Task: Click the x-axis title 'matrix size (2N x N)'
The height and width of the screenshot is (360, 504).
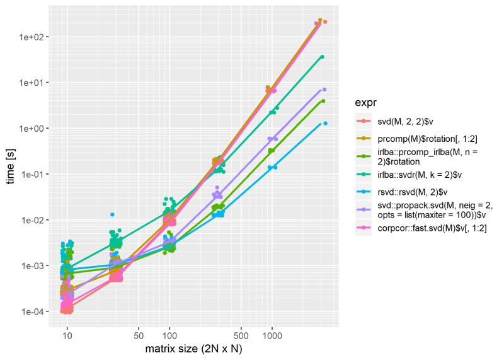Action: point(193,348)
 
